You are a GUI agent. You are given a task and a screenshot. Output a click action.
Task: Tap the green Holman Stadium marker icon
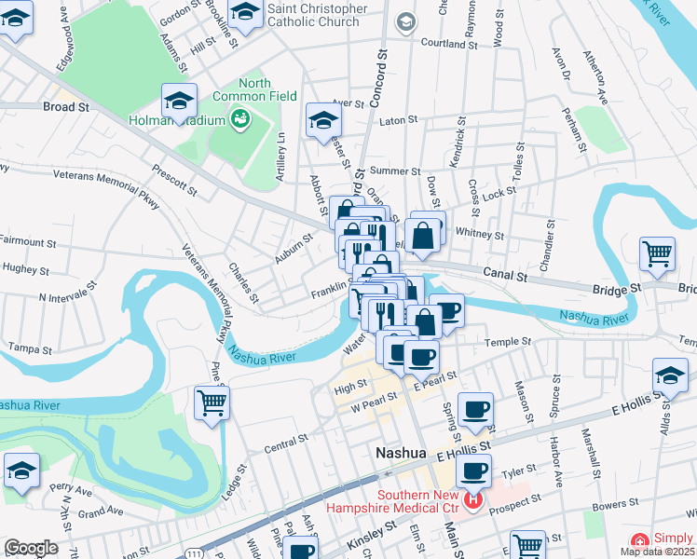tap(241, 118)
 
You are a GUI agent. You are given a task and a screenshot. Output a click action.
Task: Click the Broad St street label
tap(65, 107)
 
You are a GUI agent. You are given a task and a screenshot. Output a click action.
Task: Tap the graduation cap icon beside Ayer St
tap(324, 119)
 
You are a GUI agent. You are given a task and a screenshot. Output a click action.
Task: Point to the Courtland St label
tap(449, 44)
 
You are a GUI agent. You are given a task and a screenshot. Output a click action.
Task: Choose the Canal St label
tap(505, 274)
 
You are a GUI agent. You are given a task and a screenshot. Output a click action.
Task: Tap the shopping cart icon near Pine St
tap(212, 402)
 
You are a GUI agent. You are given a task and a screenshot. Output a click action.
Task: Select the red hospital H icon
tap(472, 501)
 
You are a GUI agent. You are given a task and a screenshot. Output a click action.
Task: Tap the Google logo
tap(30, 548)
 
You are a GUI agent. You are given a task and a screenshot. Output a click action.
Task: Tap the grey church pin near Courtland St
tap(404, 21)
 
